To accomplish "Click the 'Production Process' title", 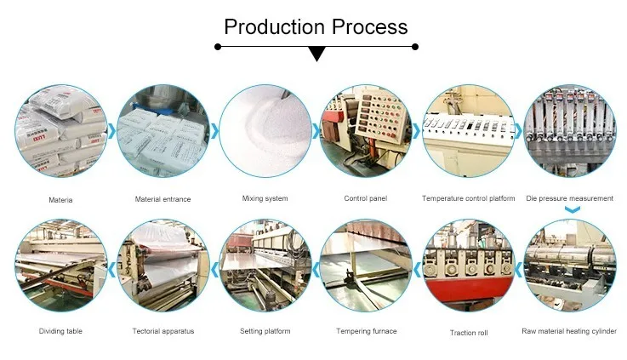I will pos(316,26).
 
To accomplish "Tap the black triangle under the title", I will pos(316,54).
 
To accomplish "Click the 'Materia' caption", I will pos(60,199).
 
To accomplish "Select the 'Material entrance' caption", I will pos(162,199).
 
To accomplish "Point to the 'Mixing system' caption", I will pos(265,199).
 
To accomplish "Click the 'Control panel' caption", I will pos(366,199).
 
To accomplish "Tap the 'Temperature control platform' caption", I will pos(468,199).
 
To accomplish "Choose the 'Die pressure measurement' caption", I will pos(569,199).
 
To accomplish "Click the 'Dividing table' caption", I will pos(60,331).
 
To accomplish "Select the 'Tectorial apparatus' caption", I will pos(162,331).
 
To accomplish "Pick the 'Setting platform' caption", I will pos(265,331).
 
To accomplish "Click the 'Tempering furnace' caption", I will pos(367,331).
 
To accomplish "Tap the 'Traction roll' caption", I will pos(468,332).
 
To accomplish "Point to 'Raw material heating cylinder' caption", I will pos(569,331).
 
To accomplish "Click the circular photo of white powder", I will pos(265,132).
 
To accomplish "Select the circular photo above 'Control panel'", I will pos(366,132).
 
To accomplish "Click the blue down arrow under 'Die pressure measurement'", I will pos(572,209).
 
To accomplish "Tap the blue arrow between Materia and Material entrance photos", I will pos(111,131).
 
